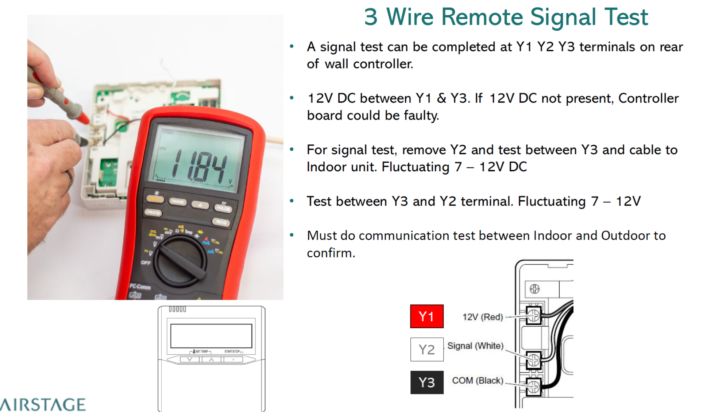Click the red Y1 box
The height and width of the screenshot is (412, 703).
pos(426,316)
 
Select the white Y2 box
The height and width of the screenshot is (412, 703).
pos(426,349)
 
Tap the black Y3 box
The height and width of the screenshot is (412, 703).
pos(426,382)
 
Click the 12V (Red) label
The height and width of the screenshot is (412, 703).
pos(482,317)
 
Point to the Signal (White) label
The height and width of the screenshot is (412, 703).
pos(475,346)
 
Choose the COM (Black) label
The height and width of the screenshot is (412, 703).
pos(477,380)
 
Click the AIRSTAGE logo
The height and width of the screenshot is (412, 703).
pos(43,404)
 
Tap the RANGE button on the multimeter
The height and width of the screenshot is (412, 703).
pos(178,202)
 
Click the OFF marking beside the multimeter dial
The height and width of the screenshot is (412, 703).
pos(146,263)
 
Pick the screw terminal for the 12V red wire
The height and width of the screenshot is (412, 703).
pos(533,315)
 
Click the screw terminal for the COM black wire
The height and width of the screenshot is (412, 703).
pos(533,386)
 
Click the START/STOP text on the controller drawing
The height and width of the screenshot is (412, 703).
pos(232,351)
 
